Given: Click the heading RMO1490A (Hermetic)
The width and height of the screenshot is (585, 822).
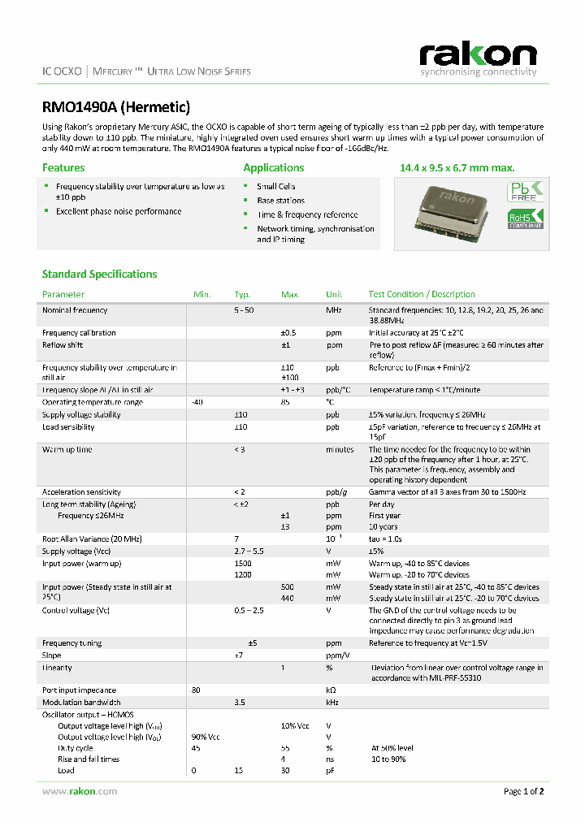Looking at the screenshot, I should [x=115, y=106].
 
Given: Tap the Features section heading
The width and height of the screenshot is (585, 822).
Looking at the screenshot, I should [x=63, y=168].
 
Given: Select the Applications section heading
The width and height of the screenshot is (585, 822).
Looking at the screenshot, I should [x=274, y=168].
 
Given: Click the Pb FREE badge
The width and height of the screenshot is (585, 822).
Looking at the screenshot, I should [x=525, y=193].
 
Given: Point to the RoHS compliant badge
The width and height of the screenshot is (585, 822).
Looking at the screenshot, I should [x=525, y=218].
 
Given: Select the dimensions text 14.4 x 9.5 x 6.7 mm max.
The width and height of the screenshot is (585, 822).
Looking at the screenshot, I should [x=457, y=168].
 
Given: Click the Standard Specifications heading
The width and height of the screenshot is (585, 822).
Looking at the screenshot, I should [x=99, y=275].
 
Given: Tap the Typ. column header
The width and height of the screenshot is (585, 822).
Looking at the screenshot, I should [x=242, y=294].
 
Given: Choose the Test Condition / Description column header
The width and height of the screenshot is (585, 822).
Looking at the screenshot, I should [x=422, y=294].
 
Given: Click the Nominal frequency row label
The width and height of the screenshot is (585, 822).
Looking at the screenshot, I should [x=75, y=310].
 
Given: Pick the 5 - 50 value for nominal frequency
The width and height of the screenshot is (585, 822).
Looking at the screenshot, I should [x=244, y=310].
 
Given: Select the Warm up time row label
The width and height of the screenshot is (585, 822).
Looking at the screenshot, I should [x=67, y=449].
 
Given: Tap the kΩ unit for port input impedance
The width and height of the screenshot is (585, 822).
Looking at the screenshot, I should [x=331, y=690].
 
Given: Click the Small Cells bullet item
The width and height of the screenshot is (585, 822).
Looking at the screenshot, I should [x=276, y=187].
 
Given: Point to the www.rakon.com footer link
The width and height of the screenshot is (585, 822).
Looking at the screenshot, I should [x=69, y=791].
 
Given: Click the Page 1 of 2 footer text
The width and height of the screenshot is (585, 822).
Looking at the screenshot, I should [x=523, y=791].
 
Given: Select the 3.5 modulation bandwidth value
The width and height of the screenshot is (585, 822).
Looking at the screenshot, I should [x=240, y=702].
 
